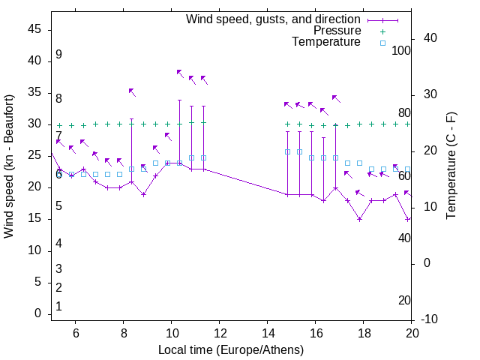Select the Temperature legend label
[326, 43]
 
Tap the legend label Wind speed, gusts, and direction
[274, 19]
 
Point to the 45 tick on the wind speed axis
[34, 29]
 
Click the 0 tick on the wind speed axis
[37, 314]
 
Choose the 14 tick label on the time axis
[268, 333]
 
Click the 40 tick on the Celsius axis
[430, 38]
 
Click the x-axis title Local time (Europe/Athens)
[231, 349]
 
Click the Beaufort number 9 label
[58, 55]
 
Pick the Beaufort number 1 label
[58, 307]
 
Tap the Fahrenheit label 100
[402, 50]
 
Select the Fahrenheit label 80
[404, 113]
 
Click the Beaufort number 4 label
[58, 244]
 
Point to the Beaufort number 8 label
[58, 98]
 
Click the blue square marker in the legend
[382, 43]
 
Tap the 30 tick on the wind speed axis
[34, 124]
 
